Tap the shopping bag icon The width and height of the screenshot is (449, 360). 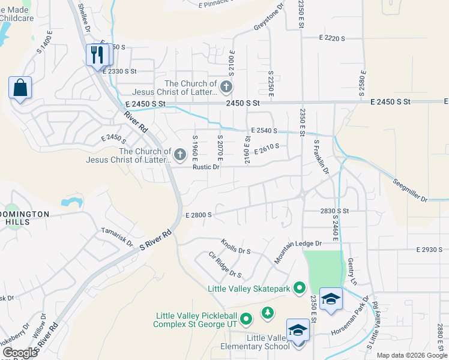[x=20, y=88]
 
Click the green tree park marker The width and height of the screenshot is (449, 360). [x=267, y=313]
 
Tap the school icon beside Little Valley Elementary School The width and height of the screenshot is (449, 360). [x=298, y=331]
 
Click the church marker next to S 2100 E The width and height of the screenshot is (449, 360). [x=226, y=88]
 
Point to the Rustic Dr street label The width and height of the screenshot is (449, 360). [x=206, y=167]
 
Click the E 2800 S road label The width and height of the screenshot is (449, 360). [x=199, y=214]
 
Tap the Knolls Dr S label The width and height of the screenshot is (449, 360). [x=235, y=247]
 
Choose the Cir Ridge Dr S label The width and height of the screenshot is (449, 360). [x=224, y=265]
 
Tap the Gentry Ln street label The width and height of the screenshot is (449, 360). [x=352, y=272]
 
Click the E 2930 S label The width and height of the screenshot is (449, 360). [x=429, y=249]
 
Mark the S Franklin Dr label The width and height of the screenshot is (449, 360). [x=321, y=157]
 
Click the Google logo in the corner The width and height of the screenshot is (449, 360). [x=20, y=353]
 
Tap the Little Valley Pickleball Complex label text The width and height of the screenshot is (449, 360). [x=195, y=320]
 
